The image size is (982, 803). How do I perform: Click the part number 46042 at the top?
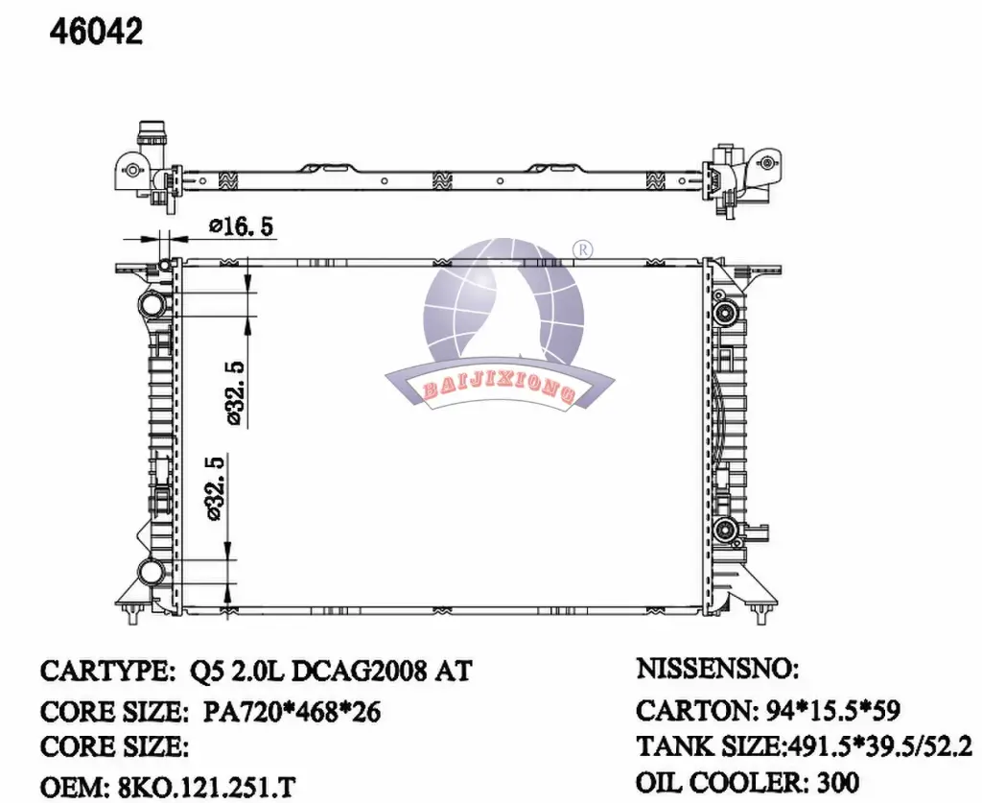[x=97, y=32]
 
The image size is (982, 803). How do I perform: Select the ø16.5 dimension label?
[x=242, y=225]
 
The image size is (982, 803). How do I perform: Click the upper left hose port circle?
[x=151, y=304]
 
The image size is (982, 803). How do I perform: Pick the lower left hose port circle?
[x=151, y=572]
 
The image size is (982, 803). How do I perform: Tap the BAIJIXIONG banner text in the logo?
[x=499, y=390]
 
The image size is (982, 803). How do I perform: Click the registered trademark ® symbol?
[x=582, y=249]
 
